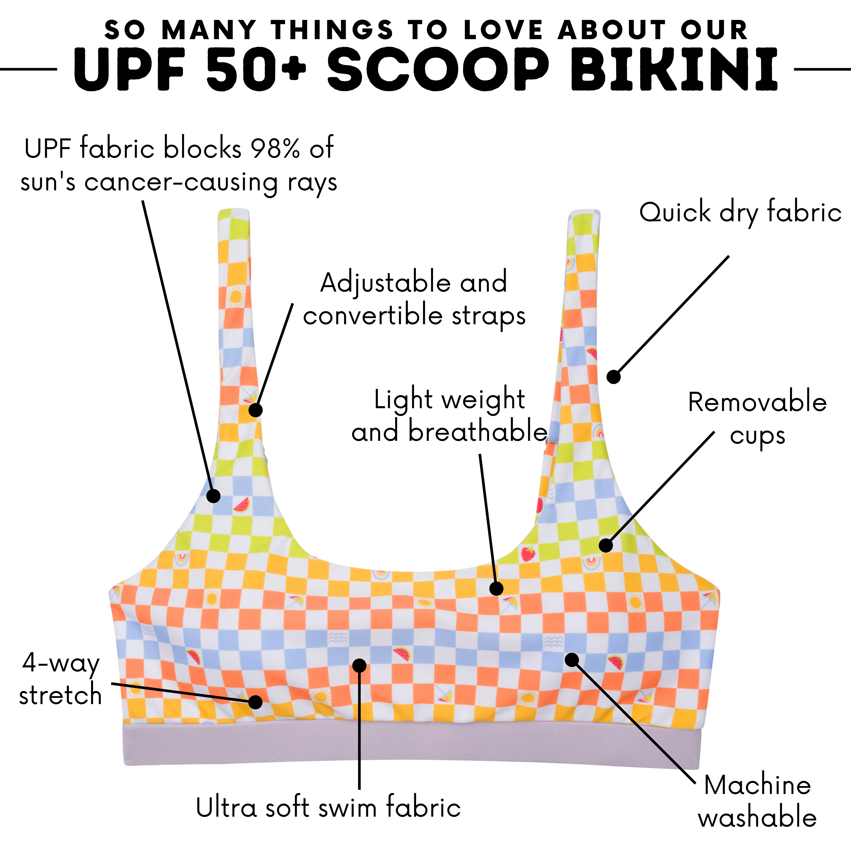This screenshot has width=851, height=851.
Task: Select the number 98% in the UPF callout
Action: [x=275, y=148]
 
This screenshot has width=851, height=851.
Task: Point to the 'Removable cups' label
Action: [x=757, y=418]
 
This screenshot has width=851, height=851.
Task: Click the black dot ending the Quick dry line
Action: [x=613, y=377]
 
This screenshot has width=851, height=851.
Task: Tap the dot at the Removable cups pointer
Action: [x=606, y=545]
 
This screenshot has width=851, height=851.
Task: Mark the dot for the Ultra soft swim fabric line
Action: [x=359, y=665]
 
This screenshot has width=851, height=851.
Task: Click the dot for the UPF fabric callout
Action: [x=213, y=496]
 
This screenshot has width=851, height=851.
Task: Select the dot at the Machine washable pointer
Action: [x=572, y=660]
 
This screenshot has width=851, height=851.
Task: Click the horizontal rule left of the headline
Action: [x=29, y=69]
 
